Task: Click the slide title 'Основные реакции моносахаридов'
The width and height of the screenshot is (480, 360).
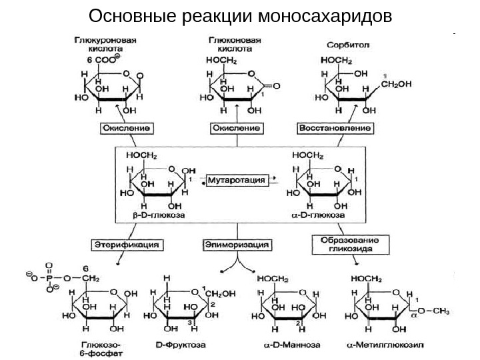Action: [240, 15]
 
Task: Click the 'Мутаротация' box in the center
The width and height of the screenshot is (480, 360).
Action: [237, 180]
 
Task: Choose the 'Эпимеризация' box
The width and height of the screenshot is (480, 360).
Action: [237, 245]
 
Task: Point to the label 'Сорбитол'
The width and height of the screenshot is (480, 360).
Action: [343, 45]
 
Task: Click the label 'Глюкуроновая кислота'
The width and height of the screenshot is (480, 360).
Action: [105, 45]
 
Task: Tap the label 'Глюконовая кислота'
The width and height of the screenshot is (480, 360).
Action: [229, 45]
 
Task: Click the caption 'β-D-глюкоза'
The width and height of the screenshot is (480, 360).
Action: [150, 216]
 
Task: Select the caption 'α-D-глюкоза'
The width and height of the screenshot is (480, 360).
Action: [319, 216]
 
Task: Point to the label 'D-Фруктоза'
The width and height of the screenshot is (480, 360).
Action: [181, 345]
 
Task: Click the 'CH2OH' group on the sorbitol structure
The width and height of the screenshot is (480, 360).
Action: [397, 84]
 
